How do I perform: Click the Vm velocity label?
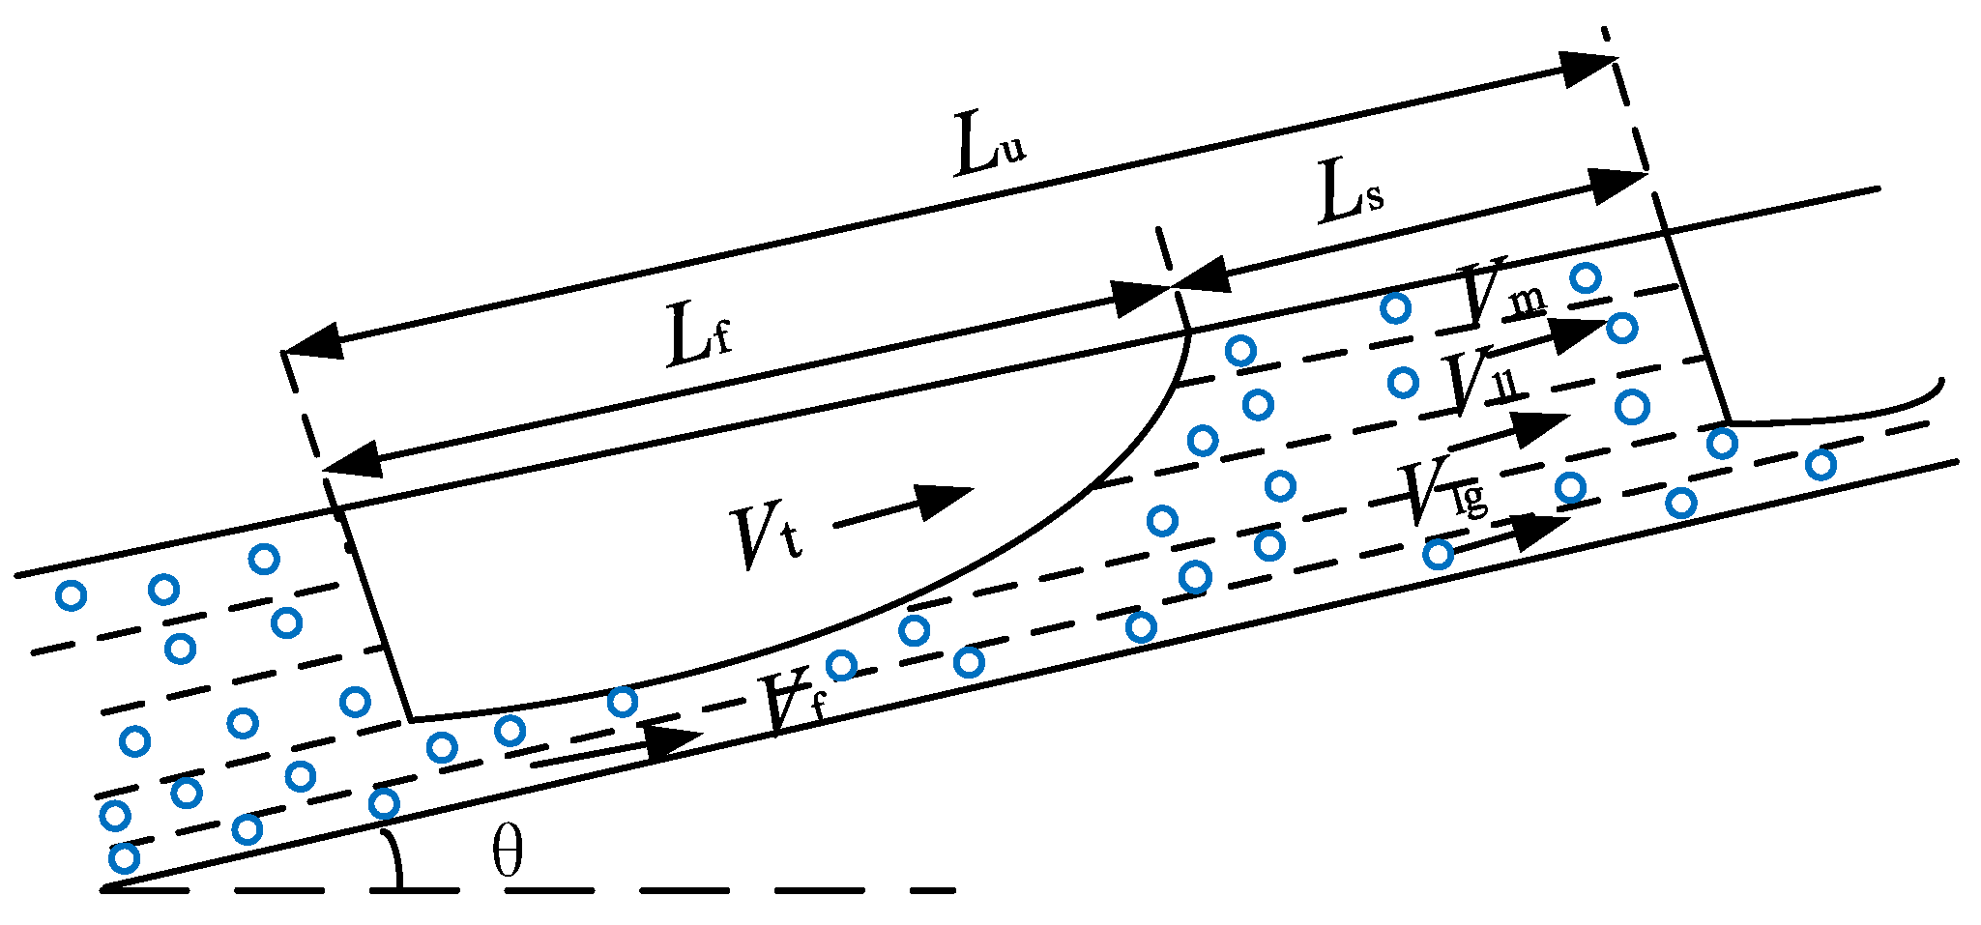click(1502, 291)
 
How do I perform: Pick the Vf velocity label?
click(793, 704)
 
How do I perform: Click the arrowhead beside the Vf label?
click(667, 740)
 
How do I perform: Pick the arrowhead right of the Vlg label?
click(1538, 531)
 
